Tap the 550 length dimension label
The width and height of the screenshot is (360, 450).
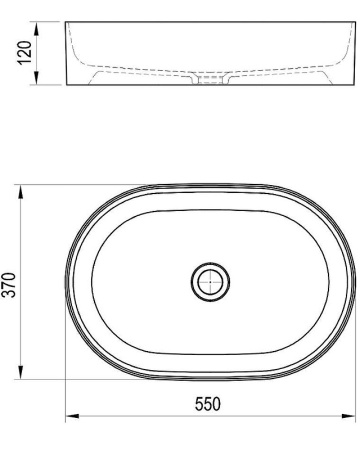(207, 405)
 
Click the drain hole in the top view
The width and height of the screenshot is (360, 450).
(209, 282)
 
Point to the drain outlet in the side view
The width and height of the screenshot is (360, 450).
(209, 83)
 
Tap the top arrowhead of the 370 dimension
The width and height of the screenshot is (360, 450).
(22, 186)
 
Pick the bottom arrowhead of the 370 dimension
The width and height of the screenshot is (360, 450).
(22, 378)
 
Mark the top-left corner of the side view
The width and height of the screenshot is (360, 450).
(66, 22)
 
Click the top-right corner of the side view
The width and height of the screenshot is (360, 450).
(353, 22)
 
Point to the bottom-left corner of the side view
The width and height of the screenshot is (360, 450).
(66, 86)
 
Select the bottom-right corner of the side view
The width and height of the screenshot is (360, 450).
(353, 86)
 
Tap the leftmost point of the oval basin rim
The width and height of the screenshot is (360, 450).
(66, 282)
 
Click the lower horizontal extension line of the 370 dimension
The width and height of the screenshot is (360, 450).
(60, 381)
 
